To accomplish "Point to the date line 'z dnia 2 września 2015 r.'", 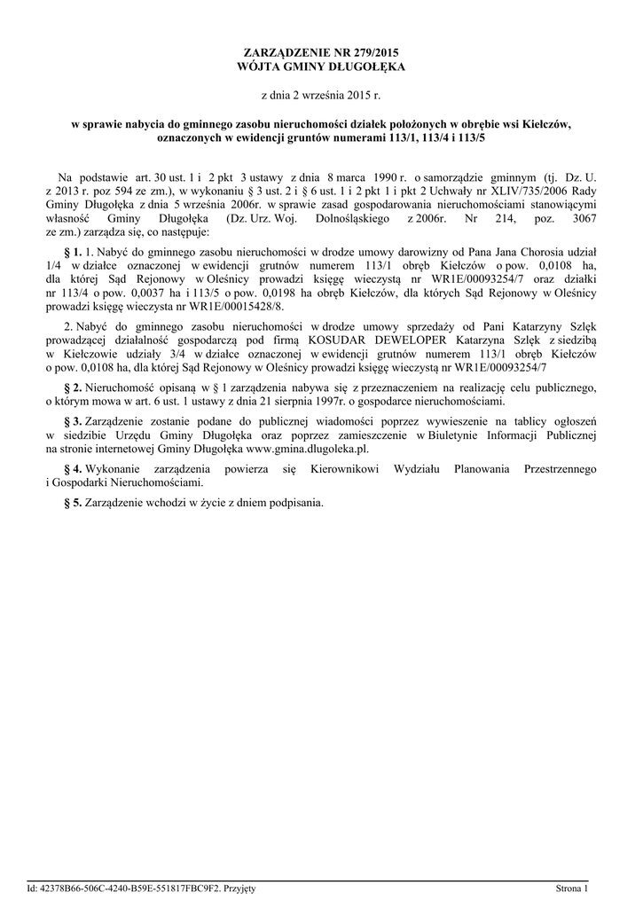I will [x=321, y=94].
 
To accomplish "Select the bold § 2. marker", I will [x=74, y=387].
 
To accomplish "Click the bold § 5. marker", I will [x=74, y=502].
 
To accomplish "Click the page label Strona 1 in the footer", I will [x=571, y=888].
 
